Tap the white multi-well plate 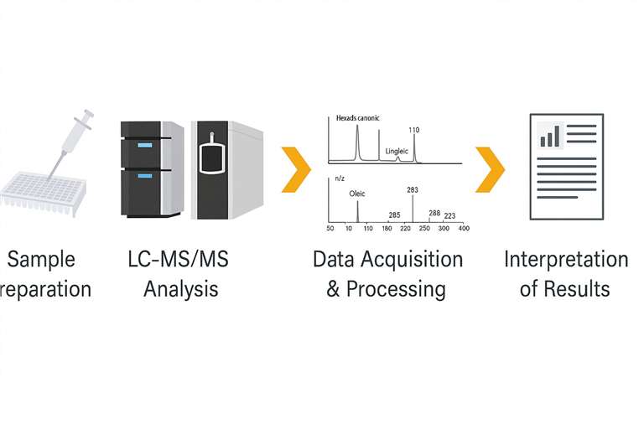(39, 194)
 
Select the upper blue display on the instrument (144, 145)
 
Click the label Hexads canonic (357, 119)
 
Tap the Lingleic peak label (397, 152)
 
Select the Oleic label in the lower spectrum (358, 194)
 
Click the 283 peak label (413, 190)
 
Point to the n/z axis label (339, 178)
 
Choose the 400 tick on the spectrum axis (463, 229)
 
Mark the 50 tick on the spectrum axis (330, 229)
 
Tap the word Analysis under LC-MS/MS (180, 290)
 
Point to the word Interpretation (566, 260)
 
